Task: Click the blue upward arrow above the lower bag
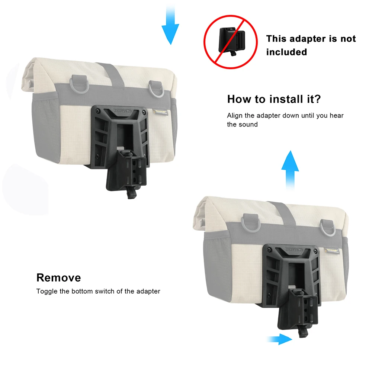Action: [x=290, y=171]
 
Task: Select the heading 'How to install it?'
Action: [x=274, y=99]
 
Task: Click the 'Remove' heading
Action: [x=58, y=278]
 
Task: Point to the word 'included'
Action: [x=286, y=52]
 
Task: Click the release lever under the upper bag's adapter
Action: [x=131, y=193]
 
